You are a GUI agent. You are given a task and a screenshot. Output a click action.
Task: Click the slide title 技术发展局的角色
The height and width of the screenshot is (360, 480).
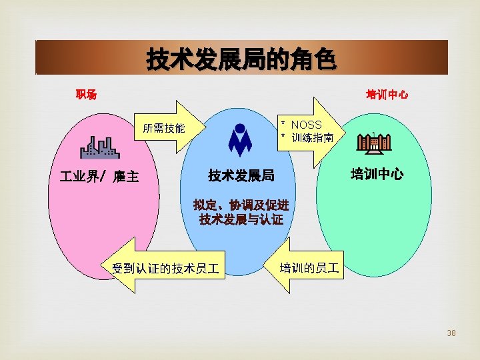(x=241, y=61)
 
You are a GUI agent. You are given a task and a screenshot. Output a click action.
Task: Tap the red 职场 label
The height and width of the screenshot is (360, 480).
(x=86, y=95)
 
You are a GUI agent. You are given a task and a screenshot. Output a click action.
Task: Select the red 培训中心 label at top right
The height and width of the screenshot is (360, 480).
(x=387, y=95)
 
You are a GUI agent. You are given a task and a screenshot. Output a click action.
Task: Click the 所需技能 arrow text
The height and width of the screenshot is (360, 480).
(x=163, y=129)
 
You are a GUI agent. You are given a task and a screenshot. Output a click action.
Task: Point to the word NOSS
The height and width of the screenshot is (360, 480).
(x=306, y=125)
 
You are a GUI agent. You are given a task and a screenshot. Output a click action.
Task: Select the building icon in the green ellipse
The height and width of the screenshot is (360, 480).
(x=374, y=143)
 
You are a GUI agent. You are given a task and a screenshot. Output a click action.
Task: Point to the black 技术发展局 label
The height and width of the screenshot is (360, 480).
(x=241, y=175)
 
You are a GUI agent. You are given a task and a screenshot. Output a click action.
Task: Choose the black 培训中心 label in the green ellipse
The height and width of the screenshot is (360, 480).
(x=377, y=175)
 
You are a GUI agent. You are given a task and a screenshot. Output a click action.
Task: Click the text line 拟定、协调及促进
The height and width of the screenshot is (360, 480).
(x=241, y=205)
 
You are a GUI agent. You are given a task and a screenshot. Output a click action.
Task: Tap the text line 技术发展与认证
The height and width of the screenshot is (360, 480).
(x=241, y=219)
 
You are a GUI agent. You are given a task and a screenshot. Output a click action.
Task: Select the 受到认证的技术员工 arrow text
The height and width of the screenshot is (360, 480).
(x=166, y=269)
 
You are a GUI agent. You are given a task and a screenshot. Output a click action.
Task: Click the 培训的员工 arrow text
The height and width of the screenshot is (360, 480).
(x=309, y=269)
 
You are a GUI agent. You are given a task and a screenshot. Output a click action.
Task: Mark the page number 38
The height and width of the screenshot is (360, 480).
(x=451, y=333)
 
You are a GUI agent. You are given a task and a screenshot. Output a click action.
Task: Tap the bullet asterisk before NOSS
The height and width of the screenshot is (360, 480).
(x=283, y=125)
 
